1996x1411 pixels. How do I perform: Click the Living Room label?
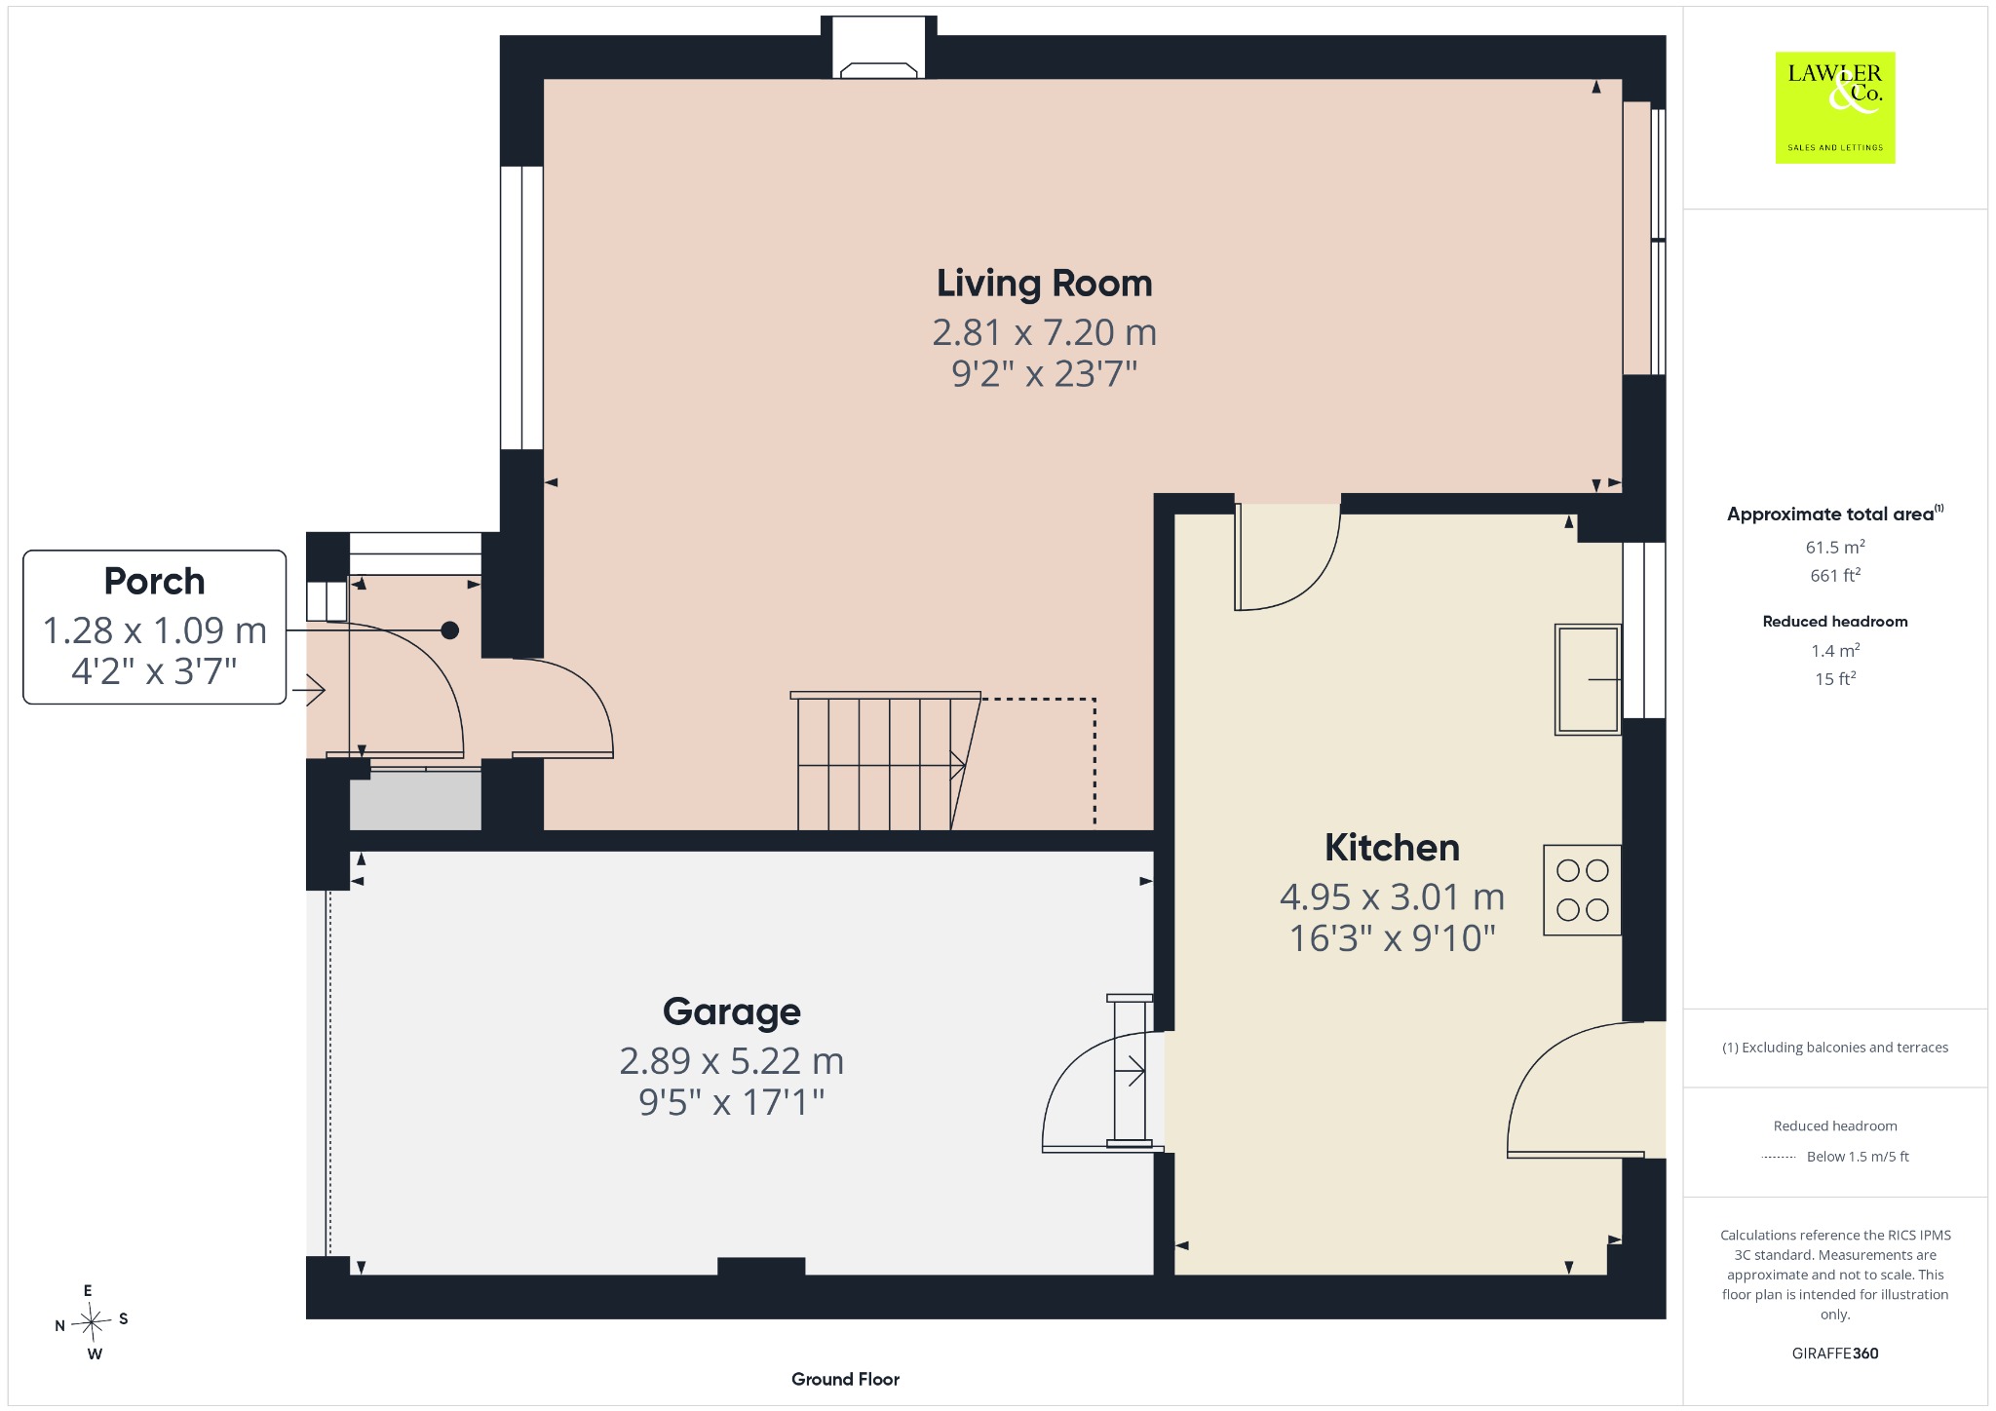[1044, 285]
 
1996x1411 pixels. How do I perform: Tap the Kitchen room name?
[1392, 848]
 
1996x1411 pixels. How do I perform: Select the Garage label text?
[732, 1012]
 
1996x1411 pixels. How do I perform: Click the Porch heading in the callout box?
[154, 581]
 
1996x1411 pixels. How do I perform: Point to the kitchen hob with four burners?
[1582, 890]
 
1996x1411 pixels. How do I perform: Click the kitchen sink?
[1588, 679]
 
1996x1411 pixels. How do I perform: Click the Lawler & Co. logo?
[1835, 107]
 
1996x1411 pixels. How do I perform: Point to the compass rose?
[93, 1322]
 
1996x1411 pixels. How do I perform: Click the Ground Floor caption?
[845, 1379]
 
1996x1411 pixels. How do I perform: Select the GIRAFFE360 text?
[1835, 1353]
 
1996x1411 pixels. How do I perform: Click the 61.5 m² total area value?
[1835, 547]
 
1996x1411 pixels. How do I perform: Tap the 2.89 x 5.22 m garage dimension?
[732, 1060]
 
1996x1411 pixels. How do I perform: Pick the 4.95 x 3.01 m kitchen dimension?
[1392, 896]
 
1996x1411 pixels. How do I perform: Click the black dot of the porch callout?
[449, 630]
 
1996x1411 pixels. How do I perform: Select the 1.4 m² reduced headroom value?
[1835, 650]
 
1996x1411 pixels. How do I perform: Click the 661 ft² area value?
[1835, 575]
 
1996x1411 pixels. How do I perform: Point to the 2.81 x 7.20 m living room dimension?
[1044, 332]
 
